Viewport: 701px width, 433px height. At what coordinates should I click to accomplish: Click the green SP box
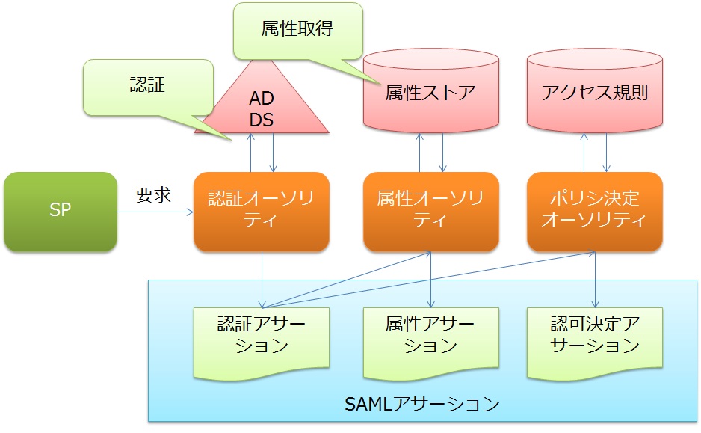tap(61, 212)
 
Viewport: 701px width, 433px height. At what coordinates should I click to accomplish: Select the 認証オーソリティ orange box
tap(261, 212)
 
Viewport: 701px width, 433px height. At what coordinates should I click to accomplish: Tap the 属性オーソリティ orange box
tap(430, 212)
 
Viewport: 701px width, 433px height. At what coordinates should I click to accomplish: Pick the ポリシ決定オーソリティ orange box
tap(594, 212)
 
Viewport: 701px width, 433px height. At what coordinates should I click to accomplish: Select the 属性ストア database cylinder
tap(430, 93)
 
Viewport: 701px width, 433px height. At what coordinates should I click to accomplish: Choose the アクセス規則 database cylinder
tap(594, 93)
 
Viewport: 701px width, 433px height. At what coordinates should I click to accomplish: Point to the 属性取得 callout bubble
tap(297, 30)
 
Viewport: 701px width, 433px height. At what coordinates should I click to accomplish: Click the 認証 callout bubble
tap(142, 87)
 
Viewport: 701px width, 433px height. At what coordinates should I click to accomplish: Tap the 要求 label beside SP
tap(153, 195)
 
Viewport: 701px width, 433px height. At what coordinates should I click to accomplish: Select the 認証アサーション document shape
tap(261, 337)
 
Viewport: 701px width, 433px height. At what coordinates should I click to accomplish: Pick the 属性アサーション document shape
tap(430, 337)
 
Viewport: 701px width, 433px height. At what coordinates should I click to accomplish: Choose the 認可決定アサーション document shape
tap(594, 337)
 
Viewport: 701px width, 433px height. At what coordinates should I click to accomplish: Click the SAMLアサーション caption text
tap(422, 405)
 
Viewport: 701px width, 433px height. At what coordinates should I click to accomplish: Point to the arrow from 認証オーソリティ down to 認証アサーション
tap(262, 277)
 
